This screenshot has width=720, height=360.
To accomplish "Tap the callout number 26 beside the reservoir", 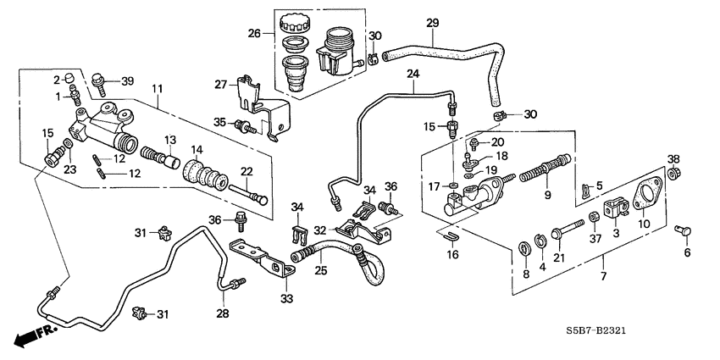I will (x=254, y=35).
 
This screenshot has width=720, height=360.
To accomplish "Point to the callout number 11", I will (x=157, y=88).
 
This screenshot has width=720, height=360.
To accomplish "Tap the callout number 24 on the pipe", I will (x=413, y=75).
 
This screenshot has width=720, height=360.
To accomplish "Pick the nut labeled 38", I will (x=674, y=174).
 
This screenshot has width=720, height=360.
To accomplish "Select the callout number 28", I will (x=223, y=315).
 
